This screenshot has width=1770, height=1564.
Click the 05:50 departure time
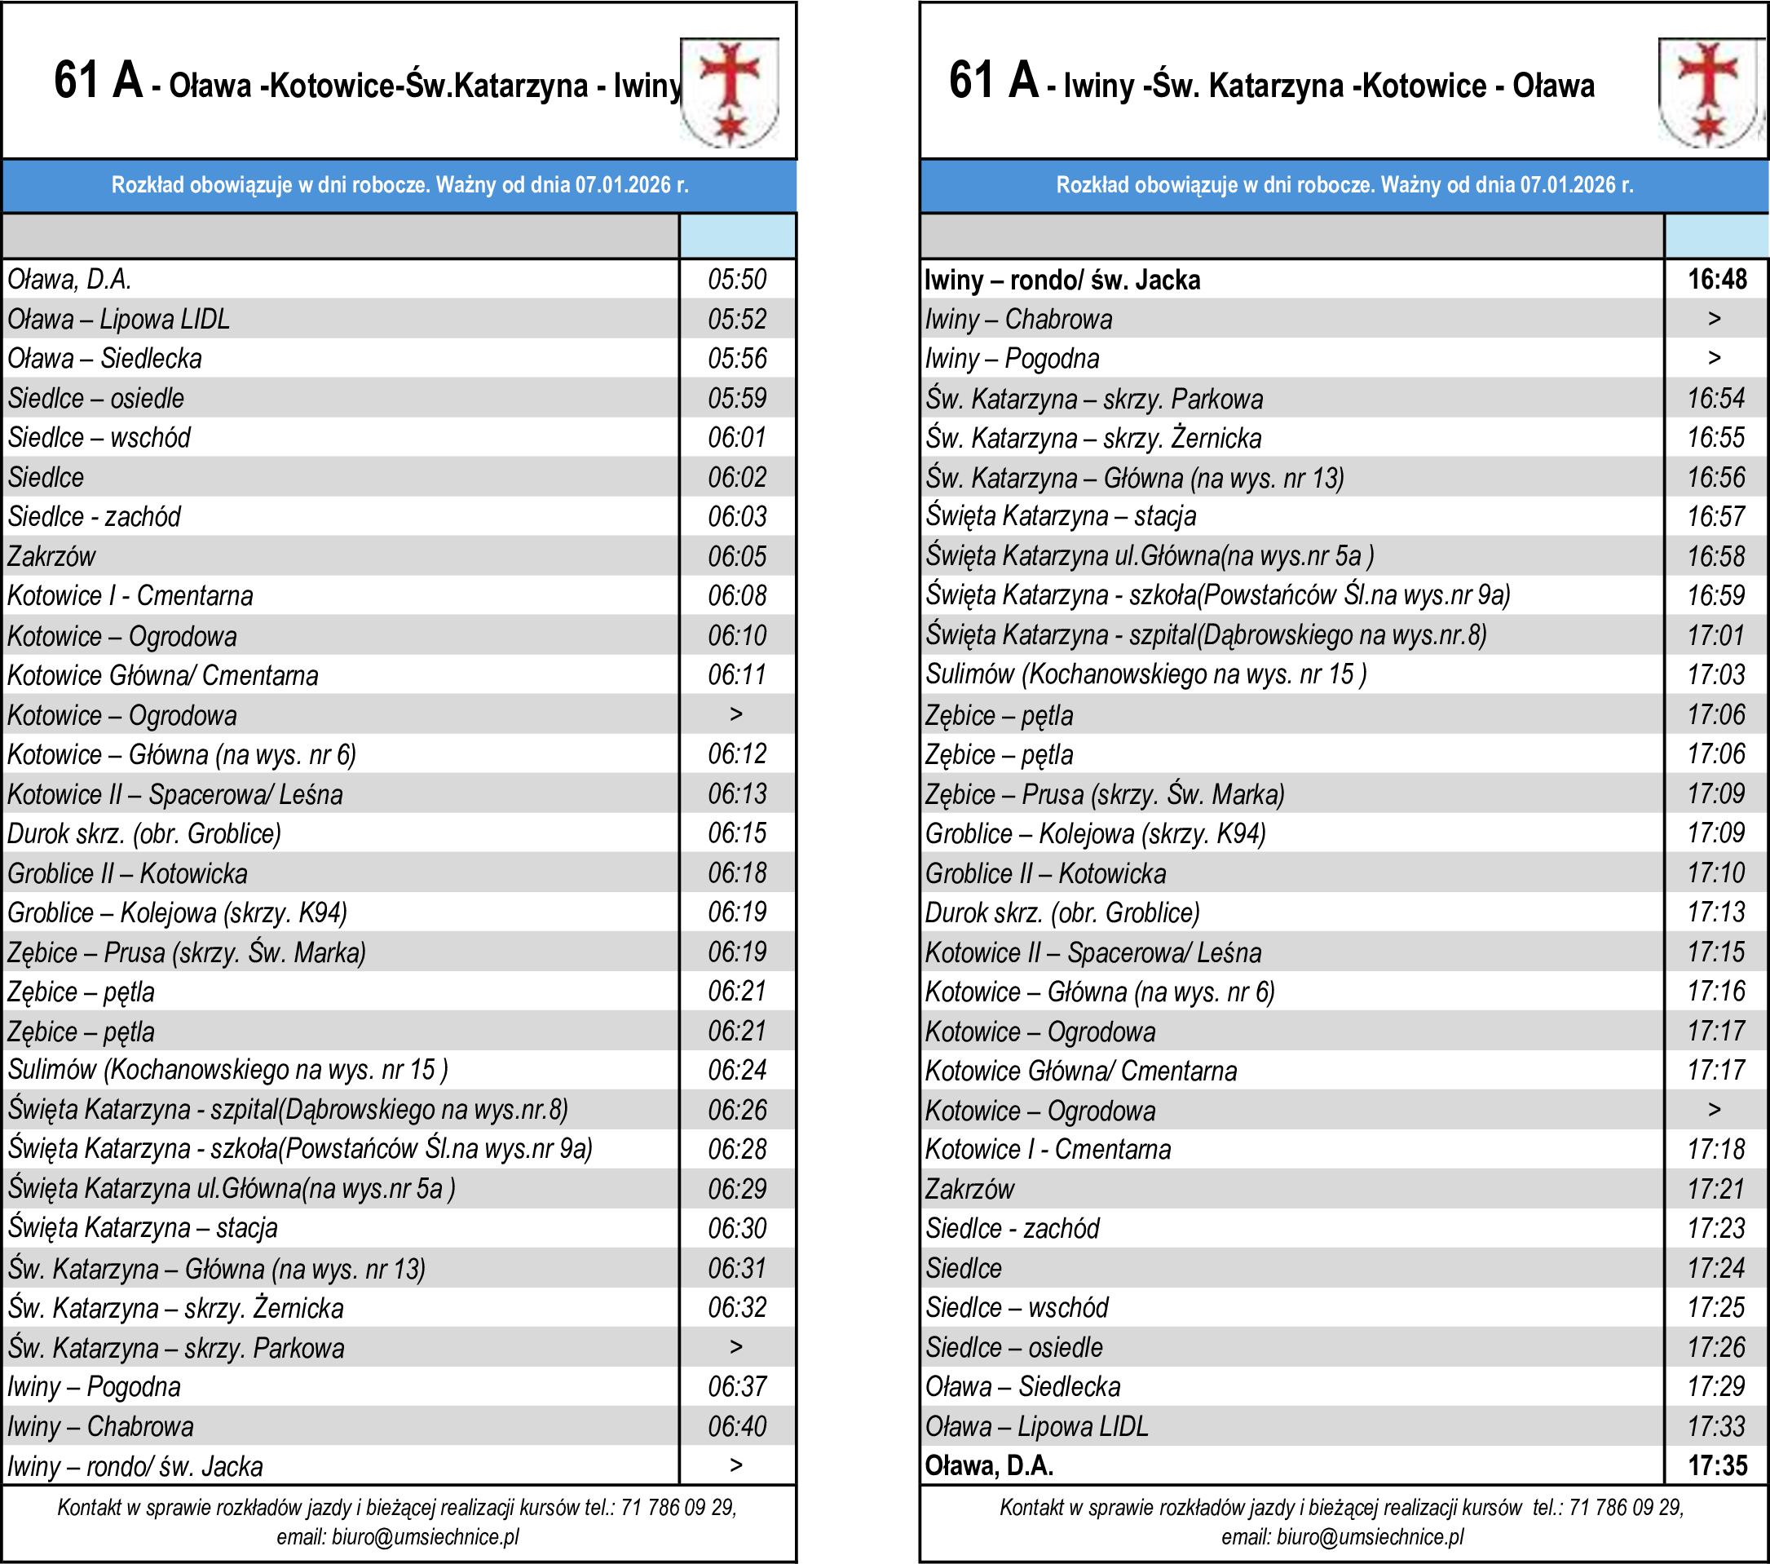coord(737,280)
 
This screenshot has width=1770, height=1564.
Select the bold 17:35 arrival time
coord(1717,1465)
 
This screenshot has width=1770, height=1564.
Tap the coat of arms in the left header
coord(729,92)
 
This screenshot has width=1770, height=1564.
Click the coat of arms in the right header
coord(1709,92)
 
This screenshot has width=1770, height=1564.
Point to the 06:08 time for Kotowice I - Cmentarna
coord(737,596)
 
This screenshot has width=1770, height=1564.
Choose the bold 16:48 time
coord(1717,280)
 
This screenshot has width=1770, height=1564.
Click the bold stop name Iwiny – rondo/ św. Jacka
coord(1062,280)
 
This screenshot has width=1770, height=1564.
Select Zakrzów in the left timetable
coord(52,556)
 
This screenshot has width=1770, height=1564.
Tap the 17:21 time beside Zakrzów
coord(1715,1189)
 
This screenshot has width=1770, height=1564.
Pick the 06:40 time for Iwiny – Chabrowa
coord(737,1426)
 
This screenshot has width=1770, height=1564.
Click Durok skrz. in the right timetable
coord(1062,912)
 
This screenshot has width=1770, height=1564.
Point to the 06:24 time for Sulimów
coord(737,1071)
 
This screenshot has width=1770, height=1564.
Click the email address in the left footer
coord(426,1537)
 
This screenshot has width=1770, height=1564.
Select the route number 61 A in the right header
coord(993,81)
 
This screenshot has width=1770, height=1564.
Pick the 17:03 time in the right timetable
coord(1715,674)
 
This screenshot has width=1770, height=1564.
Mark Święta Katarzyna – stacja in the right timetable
coord(1061,516)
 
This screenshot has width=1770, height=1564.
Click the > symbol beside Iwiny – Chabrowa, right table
coord(1715,319)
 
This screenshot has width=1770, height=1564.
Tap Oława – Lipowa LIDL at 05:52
coord(119,320)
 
